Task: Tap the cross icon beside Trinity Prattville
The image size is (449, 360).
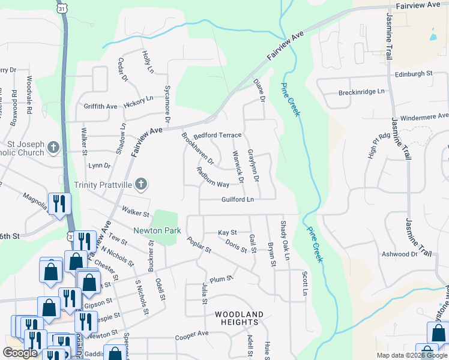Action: (140, 184)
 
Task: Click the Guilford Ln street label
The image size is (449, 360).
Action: (238, 199)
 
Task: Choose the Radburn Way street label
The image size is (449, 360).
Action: (212, 176)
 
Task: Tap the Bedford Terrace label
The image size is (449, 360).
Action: (217, 135)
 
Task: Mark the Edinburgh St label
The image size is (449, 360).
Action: (414, 74)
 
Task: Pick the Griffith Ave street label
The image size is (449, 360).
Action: (101, 106)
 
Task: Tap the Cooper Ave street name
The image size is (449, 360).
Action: (191, 333)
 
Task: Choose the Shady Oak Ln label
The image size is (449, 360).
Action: (285, 241)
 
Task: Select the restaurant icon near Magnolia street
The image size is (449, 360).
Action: (59, 203)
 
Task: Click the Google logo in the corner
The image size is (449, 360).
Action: (20, 353)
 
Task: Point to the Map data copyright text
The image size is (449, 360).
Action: (412, 355)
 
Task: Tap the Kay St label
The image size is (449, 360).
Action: (228, 232)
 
